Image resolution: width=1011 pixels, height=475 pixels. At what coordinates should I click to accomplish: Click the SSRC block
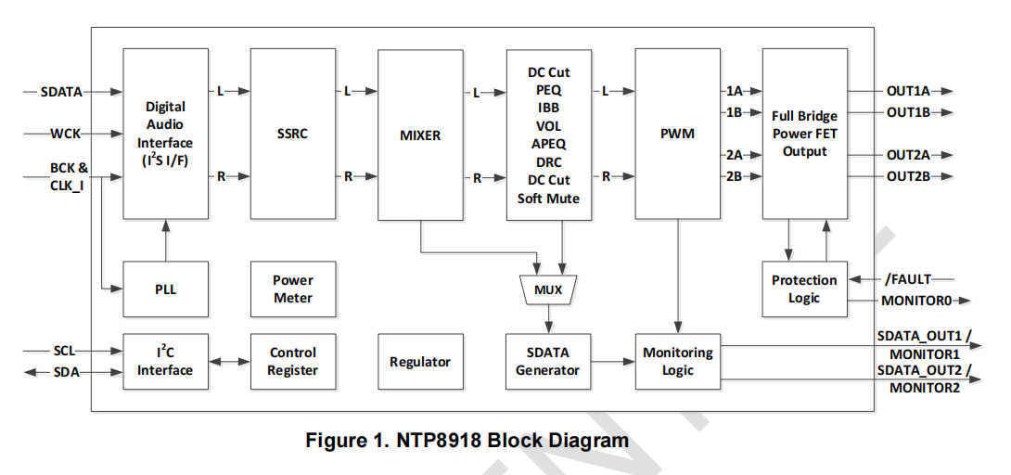(292, 135)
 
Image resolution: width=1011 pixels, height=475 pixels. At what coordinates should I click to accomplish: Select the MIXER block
(420, 135)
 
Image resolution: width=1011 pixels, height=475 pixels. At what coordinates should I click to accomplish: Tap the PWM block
(677, 135)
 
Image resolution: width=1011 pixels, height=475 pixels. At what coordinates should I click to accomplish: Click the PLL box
(165, 289)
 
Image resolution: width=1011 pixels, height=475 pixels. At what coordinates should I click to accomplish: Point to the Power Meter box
(292, 289)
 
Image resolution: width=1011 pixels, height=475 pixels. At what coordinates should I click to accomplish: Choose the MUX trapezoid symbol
(548, 289)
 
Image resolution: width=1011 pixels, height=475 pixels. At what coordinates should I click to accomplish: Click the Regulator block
(420, 362)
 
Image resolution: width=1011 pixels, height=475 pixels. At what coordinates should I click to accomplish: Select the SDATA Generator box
(548, 362)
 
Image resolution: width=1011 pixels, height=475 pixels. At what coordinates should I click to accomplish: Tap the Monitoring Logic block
(677, 362)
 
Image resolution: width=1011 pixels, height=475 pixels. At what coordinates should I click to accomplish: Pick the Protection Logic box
(804, 289)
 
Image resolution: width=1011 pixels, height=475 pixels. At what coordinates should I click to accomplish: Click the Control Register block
(292, 362)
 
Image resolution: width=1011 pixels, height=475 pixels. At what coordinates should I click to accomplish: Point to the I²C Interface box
(165, 362)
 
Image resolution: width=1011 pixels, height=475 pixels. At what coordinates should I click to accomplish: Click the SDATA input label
(61, 92)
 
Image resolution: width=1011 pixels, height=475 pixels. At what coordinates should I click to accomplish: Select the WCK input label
(65, 134)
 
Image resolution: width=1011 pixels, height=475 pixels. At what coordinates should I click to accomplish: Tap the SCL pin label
(64, 352)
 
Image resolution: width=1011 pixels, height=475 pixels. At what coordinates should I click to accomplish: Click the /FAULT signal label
(907, 278)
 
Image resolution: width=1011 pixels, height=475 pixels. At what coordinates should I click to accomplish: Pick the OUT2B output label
(908, 176)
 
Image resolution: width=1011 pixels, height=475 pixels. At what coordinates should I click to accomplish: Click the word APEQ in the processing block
(548, 144)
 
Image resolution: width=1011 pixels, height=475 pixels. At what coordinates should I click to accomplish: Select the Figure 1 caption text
(467, 440)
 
